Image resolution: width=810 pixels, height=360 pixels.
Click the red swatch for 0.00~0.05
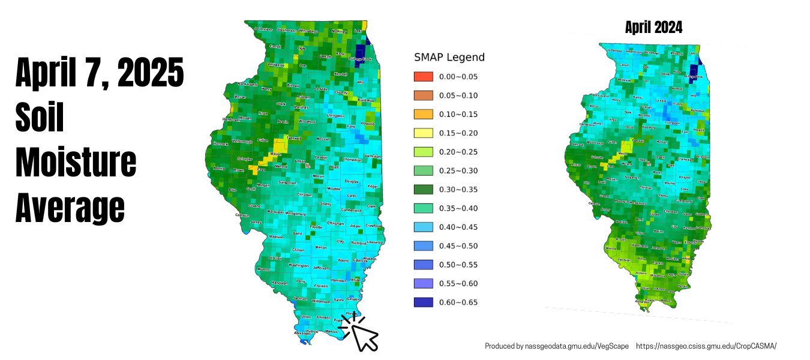[423, 77]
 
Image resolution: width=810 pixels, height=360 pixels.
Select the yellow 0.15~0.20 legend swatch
[423, 133]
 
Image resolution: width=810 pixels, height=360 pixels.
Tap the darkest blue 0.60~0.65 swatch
[423, 302]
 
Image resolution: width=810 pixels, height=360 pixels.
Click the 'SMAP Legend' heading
[449, 58]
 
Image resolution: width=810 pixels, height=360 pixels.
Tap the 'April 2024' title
[653, 28]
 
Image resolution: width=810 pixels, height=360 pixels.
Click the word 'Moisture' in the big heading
[76, 163]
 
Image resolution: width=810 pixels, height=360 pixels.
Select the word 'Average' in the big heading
[70, 208]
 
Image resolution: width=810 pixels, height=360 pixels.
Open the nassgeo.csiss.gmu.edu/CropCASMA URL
[706, 346]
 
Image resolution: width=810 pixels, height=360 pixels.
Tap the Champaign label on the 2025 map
[352, 160]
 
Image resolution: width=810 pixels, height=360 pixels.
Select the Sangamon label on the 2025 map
[287, 182]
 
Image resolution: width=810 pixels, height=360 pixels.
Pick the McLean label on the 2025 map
[323, 139]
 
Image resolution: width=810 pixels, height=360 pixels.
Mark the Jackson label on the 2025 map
[301, 298]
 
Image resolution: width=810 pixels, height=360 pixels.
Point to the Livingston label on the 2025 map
[336, 115]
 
